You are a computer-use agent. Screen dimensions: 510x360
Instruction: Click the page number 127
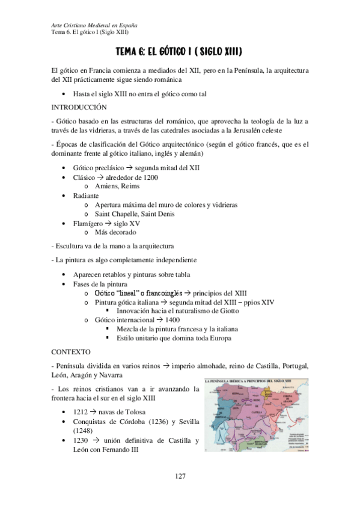click(180, 476)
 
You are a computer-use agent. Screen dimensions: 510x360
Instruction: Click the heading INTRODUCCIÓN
click(79, 107)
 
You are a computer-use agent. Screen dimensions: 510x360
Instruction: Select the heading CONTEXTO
click(71, 351)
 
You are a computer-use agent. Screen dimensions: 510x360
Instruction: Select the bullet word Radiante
click(87, 196)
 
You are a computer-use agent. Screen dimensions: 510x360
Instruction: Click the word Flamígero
click(90, 223)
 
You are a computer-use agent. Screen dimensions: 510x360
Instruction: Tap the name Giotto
click(228, 311)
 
